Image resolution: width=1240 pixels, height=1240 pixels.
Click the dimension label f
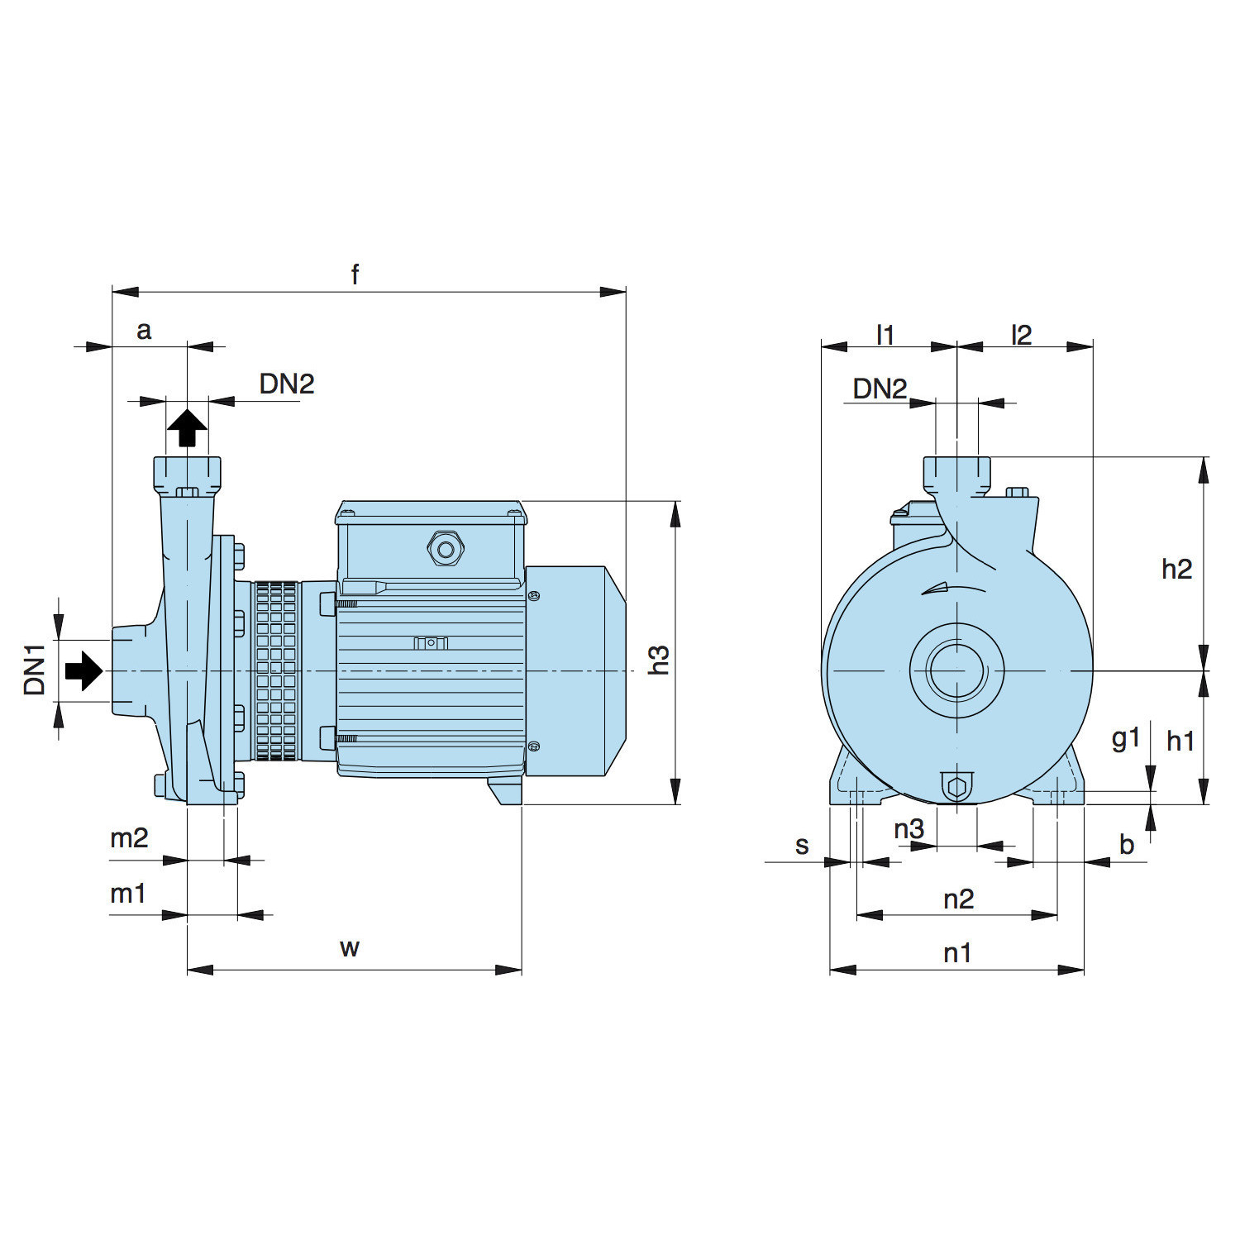point(355,274)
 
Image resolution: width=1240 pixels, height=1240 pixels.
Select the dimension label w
point(349,947)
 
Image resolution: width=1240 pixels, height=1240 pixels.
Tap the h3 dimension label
point(659,660)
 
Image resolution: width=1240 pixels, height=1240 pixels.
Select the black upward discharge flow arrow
point(188,428)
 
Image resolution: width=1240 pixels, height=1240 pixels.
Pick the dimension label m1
point(128,893)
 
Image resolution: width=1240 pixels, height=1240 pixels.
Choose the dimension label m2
point(129,838)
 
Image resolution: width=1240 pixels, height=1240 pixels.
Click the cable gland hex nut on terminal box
point(446,548)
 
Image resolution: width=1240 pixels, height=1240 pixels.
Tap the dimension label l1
point(885,335)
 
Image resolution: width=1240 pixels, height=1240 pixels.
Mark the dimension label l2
point(1022,335)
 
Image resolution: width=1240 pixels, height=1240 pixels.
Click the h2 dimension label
point(1176,569)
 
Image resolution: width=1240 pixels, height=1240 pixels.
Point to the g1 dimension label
point(1126,737)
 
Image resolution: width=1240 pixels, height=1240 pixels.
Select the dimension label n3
point(909,828)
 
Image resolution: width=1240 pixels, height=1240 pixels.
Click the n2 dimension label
point(958,899)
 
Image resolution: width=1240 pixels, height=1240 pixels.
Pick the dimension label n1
point(956,953)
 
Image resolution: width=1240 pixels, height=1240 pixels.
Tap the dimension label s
point(801,846)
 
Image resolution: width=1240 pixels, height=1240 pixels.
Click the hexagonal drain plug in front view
point(956,786)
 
